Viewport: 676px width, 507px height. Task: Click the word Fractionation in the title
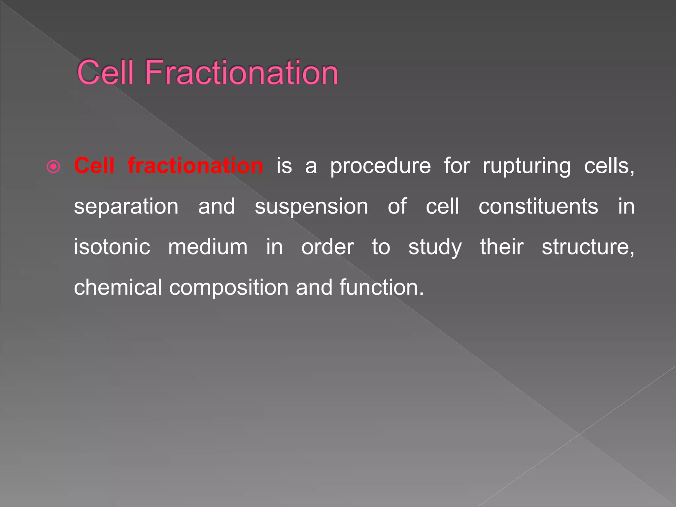click(241, 72)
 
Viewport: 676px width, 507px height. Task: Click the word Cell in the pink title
click(105, 72)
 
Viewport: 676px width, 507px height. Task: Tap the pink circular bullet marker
click(53, 167)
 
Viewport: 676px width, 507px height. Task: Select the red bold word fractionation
click(195, 165)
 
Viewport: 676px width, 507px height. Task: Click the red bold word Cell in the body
click(94, 165)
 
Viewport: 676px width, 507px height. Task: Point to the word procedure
click(381, 166)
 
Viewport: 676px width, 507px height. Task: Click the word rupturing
click(527, 166)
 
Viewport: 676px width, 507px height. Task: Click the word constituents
click(538, 206)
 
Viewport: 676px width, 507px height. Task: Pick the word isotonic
click(112, 247)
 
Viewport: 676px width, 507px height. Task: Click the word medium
click(208, 247)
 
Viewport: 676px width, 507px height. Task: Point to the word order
click(327, 247)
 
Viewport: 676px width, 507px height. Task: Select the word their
click(502, 247)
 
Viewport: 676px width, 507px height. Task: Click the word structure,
click(588, 247)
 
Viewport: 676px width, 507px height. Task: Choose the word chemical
click(118, 287)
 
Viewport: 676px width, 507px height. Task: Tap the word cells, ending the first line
click(609, 166)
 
